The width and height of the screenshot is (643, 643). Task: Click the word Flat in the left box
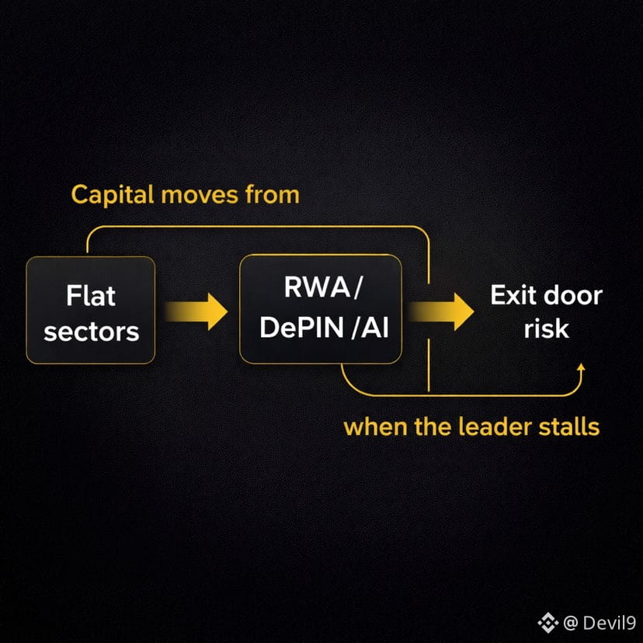pyautogui.click(x=91, y=296)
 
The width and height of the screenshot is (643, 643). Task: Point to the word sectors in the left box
pyautogui.click(x=91, y=332)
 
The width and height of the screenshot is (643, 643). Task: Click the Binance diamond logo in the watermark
pyautogui.click(x=550, y=621)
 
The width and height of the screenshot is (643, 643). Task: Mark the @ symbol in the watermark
pyautogui.click(x=571, y=621)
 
